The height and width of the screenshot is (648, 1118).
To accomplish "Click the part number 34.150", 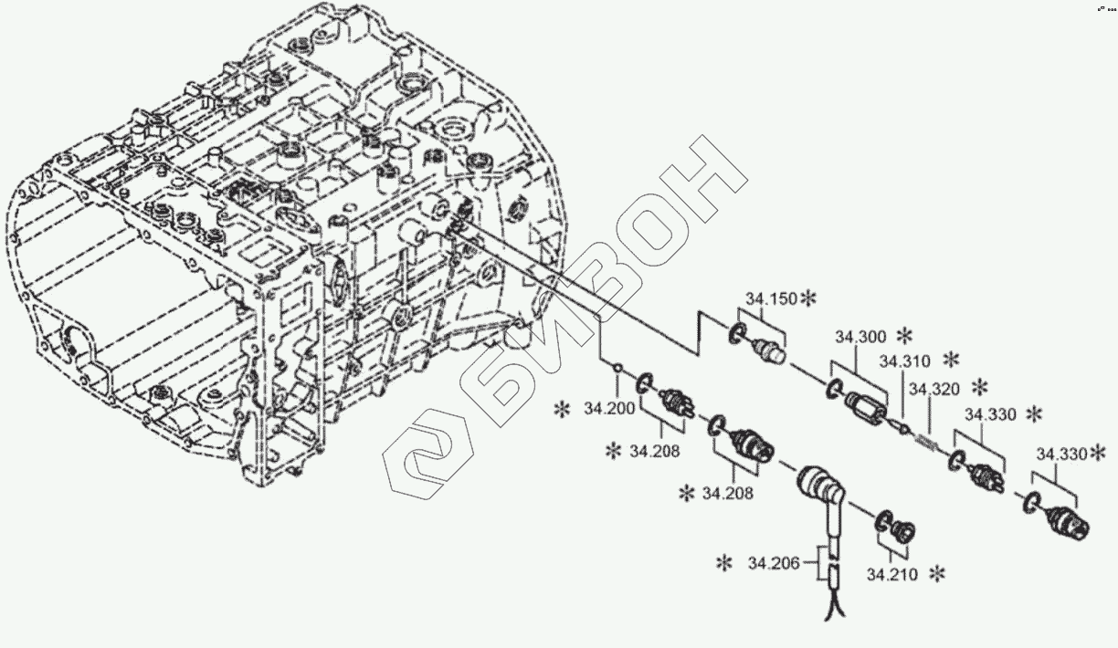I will [x=770, y=299].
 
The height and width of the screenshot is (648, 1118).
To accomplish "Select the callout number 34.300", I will [x=859, y=337].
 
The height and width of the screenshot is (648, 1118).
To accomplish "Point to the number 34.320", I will [x=933, y=390].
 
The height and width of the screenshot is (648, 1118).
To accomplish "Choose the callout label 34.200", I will [x=608, y=409].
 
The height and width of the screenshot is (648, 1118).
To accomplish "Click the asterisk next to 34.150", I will [x=808, y=298].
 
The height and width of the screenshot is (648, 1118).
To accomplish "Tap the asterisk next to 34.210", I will [x=935, y=574].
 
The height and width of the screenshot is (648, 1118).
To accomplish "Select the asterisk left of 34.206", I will [x=724, y=562].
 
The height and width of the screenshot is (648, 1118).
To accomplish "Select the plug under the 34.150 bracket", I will [x=767, y=348].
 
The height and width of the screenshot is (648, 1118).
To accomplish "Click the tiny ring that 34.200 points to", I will [x=618, y=369].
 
